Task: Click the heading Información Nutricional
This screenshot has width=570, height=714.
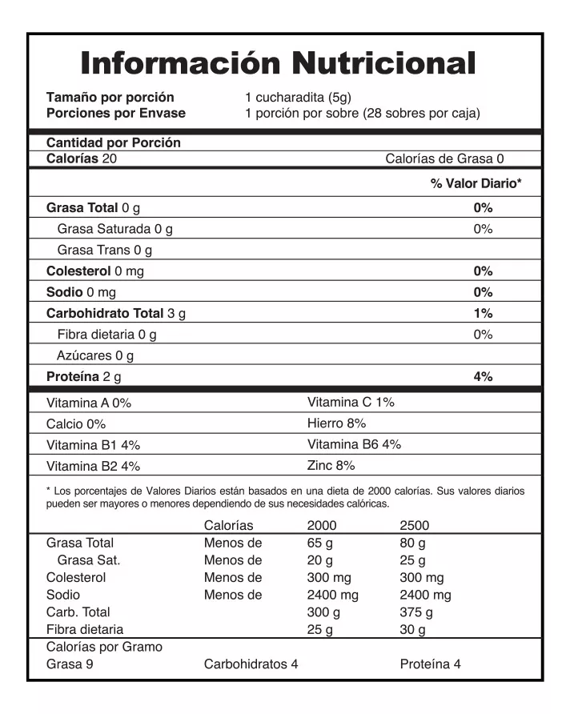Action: click(x=279, y=62)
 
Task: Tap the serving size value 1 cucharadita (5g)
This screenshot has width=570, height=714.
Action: click(x=298, y=98)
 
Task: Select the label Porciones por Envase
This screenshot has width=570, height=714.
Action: click(x=115, y=113)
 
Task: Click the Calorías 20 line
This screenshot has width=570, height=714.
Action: click(x=82, y=158)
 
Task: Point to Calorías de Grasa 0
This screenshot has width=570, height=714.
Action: click(x=444, y=158)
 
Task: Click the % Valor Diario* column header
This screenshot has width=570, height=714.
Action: click(x=476, y=183)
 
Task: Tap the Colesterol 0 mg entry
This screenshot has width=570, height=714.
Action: click(x=94, y=271)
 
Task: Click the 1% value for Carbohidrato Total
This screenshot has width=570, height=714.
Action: click(x=482, y=313)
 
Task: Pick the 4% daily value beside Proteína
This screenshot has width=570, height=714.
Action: click(x=482, y=375)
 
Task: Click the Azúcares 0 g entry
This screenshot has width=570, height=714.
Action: click(x=95, y=355)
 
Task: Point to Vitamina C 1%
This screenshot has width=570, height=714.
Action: click(x=350, y=402)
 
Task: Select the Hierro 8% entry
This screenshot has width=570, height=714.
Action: click(x=336, y=423)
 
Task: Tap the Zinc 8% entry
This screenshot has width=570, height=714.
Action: click(x=330, y=465)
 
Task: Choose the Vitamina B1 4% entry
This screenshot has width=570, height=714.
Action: click(x=94, y=444)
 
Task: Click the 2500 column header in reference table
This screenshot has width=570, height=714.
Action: click(x=414, y=525)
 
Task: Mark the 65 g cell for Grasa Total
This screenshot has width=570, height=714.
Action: click(x=320, y=542)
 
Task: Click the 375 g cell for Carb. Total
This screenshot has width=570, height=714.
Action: click(x=416, y=612)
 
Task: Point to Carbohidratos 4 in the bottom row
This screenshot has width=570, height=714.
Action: click(x=251, y=664)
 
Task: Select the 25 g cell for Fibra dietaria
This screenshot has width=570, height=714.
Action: click(x=320, y=630)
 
